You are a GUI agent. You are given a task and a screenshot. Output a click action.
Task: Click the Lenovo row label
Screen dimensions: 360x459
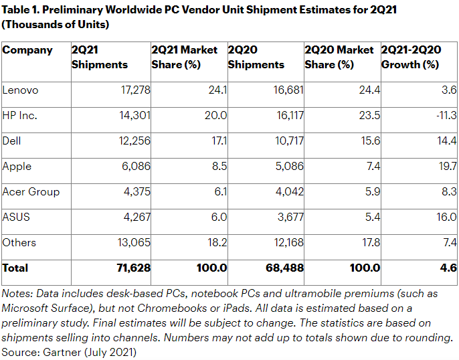(x=21, y=90)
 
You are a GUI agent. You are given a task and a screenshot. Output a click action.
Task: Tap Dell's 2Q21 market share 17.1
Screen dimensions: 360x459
(x=217, y=141)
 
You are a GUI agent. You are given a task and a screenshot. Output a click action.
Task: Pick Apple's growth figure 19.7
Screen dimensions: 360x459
(x=446, y=166)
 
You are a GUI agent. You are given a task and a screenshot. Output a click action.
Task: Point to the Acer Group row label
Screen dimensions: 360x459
(x=31, y=191)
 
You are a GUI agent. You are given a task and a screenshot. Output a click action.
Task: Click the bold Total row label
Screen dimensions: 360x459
(x=15, y=268)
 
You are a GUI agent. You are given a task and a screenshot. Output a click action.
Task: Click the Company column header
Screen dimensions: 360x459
(x=27, y=50)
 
